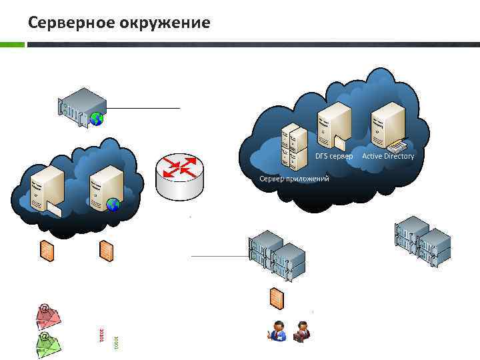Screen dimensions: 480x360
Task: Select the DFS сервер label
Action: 334,156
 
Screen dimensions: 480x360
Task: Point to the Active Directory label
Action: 388,156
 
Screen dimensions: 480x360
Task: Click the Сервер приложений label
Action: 294,179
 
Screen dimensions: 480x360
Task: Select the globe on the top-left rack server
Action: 97,119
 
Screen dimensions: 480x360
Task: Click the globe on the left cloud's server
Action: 113,205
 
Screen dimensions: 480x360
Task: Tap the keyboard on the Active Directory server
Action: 396,145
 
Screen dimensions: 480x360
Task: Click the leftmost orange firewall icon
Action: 47,250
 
